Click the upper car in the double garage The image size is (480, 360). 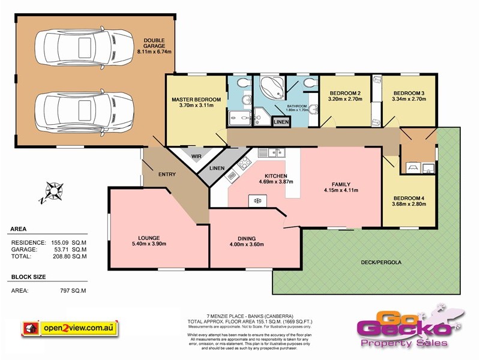point(84,47)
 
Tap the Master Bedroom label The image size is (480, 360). point(196,99)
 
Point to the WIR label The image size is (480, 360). point(196,157)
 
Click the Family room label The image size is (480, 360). point(341,184)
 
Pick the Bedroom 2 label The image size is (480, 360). point(344,93)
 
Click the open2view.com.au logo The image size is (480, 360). point(70,328)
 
